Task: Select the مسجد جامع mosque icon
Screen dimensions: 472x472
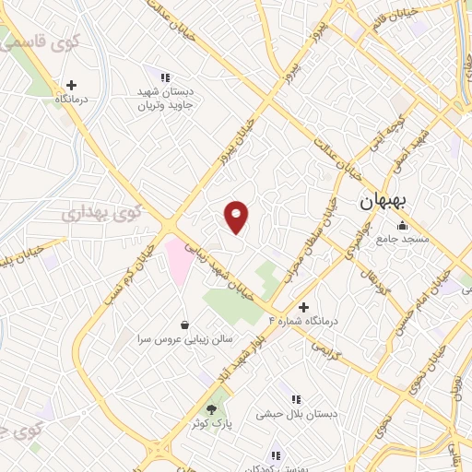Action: point(401,226)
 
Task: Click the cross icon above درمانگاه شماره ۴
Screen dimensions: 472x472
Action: point(304,306)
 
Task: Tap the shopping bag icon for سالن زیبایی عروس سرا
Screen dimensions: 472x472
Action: point(186,324)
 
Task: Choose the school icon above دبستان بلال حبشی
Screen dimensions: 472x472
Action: point(296,399)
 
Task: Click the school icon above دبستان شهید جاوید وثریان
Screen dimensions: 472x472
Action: point(165,78)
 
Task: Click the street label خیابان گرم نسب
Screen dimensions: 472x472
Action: point(126,279)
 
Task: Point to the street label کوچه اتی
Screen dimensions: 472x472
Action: point(394,134)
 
